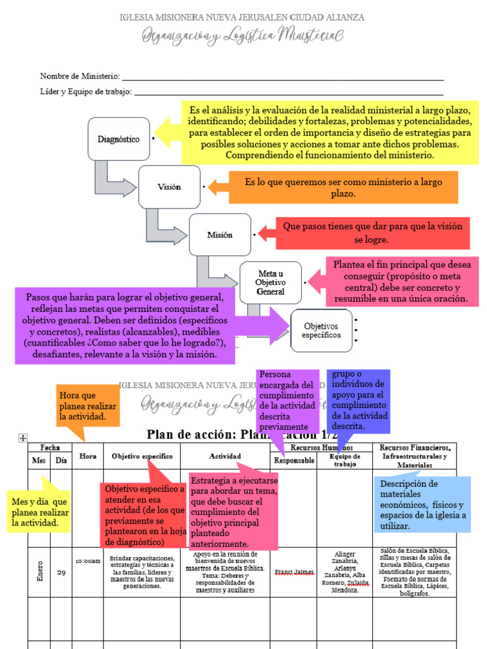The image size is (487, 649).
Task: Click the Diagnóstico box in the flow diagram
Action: pyautogui.click(x=119, y=139)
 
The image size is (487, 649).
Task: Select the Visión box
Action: pyautogui.click(x=169, y=187)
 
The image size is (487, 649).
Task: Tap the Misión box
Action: pyautogui.click(x=220, y=235)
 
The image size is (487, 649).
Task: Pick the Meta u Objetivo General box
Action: pyautogui.click(x=271, y=283)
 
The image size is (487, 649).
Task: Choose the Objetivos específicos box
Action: pyautogui.click(x=321, y=330)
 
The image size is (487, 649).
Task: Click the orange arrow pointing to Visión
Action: pyautogui.click(x=218, y=187)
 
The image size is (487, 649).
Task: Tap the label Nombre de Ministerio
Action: pyautogui.click(x=80, y=76)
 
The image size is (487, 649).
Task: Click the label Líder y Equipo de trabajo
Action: pyautogui.click(x=86, y=92)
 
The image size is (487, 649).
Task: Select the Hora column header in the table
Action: pyautogui.click(x=88, y=456)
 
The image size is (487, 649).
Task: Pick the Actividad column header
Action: pyautogui.click(x=225, y=456)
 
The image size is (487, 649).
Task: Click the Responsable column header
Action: pyautogui.click(x=294, y=461)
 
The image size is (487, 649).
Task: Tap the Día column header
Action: pyautogui.click(x=61, y=461)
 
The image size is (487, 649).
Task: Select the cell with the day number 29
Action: pyautogui.click(x=61, y=572)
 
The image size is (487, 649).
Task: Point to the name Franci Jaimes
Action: pyautogui.click(x=295, y=572)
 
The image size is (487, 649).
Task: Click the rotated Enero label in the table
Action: pyautogui.click(x=39, y=572)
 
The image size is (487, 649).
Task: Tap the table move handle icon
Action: pyautogui.click(x=23, y=437)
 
